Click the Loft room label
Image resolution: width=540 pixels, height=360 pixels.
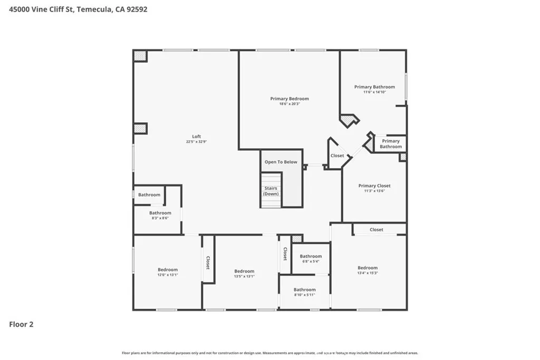[196, 137]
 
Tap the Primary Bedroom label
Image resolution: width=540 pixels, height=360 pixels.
[290, 99]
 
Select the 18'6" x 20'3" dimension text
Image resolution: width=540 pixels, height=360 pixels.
[290, 104]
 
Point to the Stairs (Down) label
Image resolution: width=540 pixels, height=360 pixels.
[271, 191]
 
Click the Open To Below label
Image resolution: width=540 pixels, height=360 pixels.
[281, 162]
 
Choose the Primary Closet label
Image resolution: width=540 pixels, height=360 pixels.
[374, 186]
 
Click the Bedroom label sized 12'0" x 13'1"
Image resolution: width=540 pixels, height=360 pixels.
[168, 269]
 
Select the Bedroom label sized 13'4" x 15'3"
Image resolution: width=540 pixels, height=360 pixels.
[368, 268]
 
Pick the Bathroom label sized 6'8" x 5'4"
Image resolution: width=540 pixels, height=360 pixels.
[311, 257]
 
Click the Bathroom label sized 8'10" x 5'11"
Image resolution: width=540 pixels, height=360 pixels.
[304, 289]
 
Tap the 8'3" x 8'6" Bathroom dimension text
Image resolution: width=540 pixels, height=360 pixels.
[160, 218]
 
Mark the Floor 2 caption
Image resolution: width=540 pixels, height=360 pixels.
[22, 324]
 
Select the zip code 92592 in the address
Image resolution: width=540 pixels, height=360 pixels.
[136, 9]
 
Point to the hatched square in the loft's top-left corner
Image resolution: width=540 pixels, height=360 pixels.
[140, 56]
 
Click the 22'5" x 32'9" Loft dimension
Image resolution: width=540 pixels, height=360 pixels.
[196, 142]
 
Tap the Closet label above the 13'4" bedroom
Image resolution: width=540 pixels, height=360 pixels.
[377, 230]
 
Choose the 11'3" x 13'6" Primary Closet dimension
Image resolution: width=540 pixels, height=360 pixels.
[374, 191]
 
